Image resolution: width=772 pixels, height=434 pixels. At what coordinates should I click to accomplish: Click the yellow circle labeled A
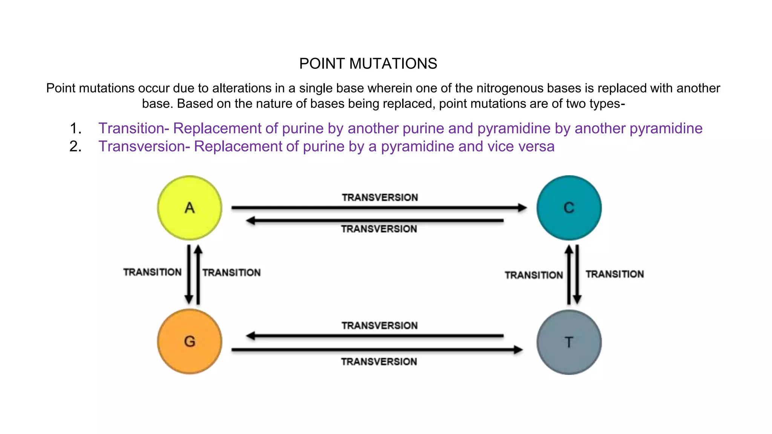pyautogui.click(x=190, y=208)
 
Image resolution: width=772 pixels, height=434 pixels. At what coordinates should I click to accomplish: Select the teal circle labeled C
pyautogui.click(x=569, y=208)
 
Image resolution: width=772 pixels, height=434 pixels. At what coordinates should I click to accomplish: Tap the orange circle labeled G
pyautogui.click(x=190, y=341)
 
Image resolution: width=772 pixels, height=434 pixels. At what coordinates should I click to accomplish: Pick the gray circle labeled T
pyautogui.click(x=569, y=342)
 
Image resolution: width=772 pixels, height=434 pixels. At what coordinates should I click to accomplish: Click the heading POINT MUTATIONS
pyautogui.click(x=368, y=64)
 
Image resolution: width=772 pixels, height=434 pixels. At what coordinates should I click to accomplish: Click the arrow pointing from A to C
pyautogui.click(x=379, y=208)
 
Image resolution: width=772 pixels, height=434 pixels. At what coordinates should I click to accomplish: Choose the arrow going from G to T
pyautogui.click(x=377, y=350)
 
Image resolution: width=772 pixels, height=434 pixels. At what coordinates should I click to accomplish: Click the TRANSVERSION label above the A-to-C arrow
pyautogui.click(x=380, y=197)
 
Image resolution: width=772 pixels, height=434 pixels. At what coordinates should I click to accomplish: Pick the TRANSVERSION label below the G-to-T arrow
pyautogui.click(x=379, y=362)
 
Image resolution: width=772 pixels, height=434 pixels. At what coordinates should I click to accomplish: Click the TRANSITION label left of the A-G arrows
pyautogui.click(x=152, y=272)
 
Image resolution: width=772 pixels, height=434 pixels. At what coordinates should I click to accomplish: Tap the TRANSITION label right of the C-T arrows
pyautogui.click(x=614, y=274)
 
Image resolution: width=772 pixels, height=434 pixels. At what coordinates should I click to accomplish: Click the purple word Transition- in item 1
pyautogui.click(x=133, y=128)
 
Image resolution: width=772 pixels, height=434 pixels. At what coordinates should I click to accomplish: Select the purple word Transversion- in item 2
pyautogui.click(x=144, y=147)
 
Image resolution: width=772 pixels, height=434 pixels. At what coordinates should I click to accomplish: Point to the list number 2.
pyautogui.click(x=75, y=147)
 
